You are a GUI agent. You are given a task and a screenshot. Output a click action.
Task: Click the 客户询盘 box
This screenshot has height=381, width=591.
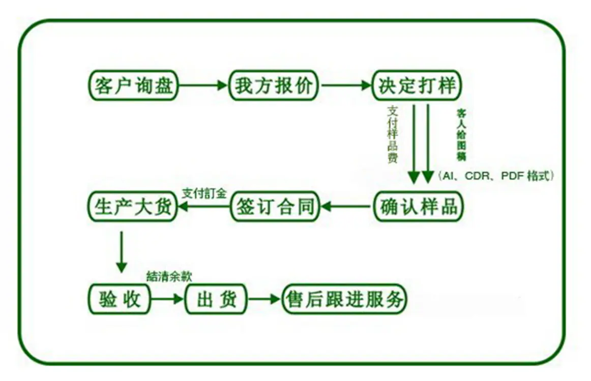(x=133, y=85)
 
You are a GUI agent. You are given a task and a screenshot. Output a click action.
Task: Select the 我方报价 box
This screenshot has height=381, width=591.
(x=274, y=85)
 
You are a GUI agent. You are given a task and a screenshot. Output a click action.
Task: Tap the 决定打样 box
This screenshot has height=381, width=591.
(x=417, y=85)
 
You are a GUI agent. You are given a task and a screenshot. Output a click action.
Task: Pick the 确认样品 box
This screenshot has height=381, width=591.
(x=419, y=206)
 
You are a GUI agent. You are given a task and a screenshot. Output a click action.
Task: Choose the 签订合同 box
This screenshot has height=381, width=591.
(x=275, y=206)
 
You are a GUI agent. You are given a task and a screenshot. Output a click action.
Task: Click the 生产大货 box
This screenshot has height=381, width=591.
(x=133, y=206)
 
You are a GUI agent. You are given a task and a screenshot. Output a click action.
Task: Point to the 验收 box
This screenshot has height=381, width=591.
(x=120, y=299)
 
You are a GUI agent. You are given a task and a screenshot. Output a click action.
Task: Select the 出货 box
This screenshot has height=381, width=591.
(x=216, y=299)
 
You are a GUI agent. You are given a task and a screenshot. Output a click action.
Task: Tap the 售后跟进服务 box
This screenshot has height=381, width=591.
(x=344, y=299)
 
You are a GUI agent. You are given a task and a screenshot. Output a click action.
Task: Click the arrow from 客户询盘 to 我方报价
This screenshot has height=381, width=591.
(x=203, y=85)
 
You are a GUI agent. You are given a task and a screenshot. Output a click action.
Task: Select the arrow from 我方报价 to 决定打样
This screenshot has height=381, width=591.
(x=346, y=85)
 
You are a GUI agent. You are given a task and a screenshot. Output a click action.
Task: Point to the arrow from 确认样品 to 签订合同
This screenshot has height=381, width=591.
(x=346, y=206)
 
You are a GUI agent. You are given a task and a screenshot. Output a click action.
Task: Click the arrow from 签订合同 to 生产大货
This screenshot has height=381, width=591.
(x=203, y=206)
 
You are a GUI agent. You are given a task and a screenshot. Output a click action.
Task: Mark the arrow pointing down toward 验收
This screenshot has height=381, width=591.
(x=122, y=252)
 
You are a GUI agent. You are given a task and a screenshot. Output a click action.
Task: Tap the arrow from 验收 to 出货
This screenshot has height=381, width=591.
(x=167, y=299)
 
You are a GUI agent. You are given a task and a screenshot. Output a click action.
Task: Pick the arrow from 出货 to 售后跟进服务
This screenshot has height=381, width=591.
(x=264, y=299)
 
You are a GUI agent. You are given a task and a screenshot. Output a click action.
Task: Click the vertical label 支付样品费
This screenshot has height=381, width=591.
(x=393, y=135)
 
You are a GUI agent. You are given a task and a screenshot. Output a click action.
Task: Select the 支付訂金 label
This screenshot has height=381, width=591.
(x=204, y=194)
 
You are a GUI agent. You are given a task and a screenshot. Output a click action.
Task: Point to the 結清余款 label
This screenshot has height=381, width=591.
(x=169, y=277)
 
